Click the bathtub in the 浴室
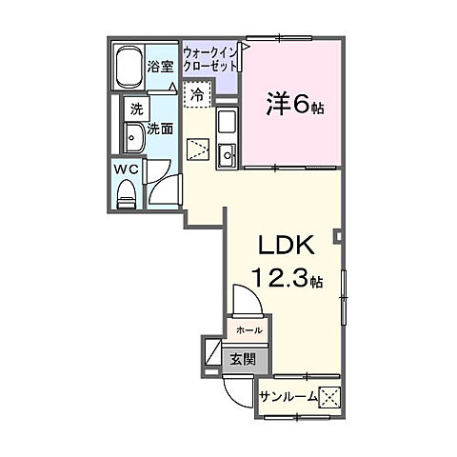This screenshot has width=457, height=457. [129, 67]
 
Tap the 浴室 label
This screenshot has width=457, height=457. [160, 67]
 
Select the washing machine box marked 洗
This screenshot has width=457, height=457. [137, 109]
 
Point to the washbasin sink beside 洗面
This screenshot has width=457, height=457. [134, 137]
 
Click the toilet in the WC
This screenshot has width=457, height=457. [127, 193]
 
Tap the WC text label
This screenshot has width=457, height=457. [127, 169]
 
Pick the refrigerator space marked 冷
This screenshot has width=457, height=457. [197, 94]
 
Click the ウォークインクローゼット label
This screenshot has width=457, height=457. [210, 59]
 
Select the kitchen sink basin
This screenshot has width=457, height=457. [228, 155]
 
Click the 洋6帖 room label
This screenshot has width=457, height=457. [295, 104]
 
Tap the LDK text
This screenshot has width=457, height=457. [287, 246]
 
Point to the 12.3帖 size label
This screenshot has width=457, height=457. [288, 277]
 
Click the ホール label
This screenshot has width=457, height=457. [249, 330]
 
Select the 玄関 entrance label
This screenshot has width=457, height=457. [243, 359]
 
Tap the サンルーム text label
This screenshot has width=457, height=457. [288, 397]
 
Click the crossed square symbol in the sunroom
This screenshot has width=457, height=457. [329, 398]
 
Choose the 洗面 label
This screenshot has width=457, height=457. [160, 129]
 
